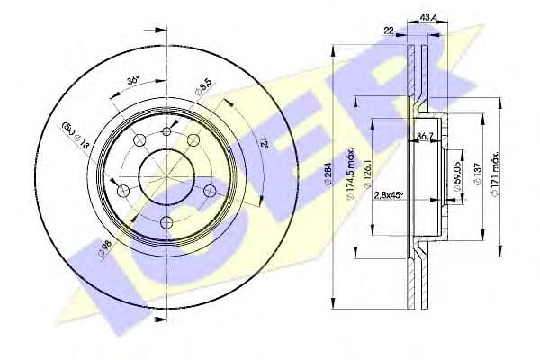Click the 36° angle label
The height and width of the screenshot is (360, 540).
coord(132,81)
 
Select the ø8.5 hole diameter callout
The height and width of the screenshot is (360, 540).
coord(203,91)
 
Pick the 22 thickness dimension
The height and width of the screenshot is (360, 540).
coord(390,31)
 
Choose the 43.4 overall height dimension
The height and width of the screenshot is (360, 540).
coord(429,16)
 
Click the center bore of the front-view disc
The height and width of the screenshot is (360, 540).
coord(166,174)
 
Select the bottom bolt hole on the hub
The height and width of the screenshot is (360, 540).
coord(166,222)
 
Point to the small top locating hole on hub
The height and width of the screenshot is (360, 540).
coord(166,131)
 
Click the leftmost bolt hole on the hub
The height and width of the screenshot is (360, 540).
coord(122,190)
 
